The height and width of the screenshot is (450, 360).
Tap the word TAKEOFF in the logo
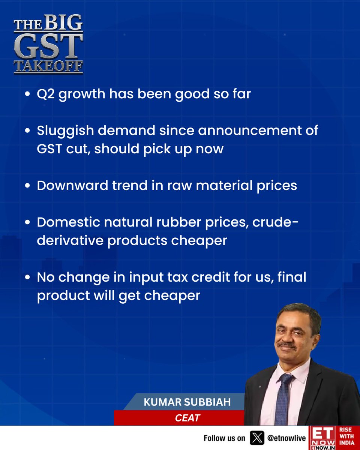coord(48,67)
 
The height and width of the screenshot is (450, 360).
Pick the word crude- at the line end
coord(276,222)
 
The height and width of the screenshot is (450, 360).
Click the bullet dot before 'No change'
coord(28,278)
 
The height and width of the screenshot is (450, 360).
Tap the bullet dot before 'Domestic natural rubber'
coord(28,223)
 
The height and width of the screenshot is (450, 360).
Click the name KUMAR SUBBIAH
coord(187,402)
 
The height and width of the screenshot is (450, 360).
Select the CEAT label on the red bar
coord(187,418)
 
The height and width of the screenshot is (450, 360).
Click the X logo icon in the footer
coord(257,438)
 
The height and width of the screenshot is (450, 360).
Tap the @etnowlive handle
coord(286,438)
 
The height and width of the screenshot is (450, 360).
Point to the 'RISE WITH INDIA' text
coord(346,437)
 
